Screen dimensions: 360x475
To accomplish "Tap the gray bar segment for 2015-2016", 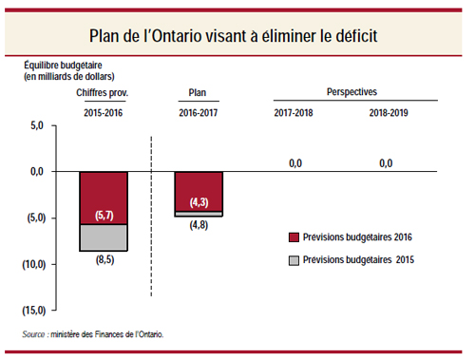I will pos(104,237).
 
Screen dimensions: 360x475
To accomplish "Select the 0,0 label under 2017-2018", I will pos(294,163).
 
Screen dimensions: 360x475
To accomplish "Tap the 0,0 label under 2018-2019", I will pos(386,163).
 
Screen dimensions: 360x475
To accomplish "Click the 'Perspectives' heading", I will pos(351,93).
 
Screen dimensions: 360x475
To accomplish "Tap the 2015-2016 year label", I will pos(104,113).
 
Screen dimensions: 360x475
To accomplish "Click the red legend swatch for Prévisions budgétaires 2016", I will pos(294,237).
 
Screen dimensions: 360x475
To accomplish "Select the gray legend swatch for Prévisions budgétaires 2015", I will pos(294,259).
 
